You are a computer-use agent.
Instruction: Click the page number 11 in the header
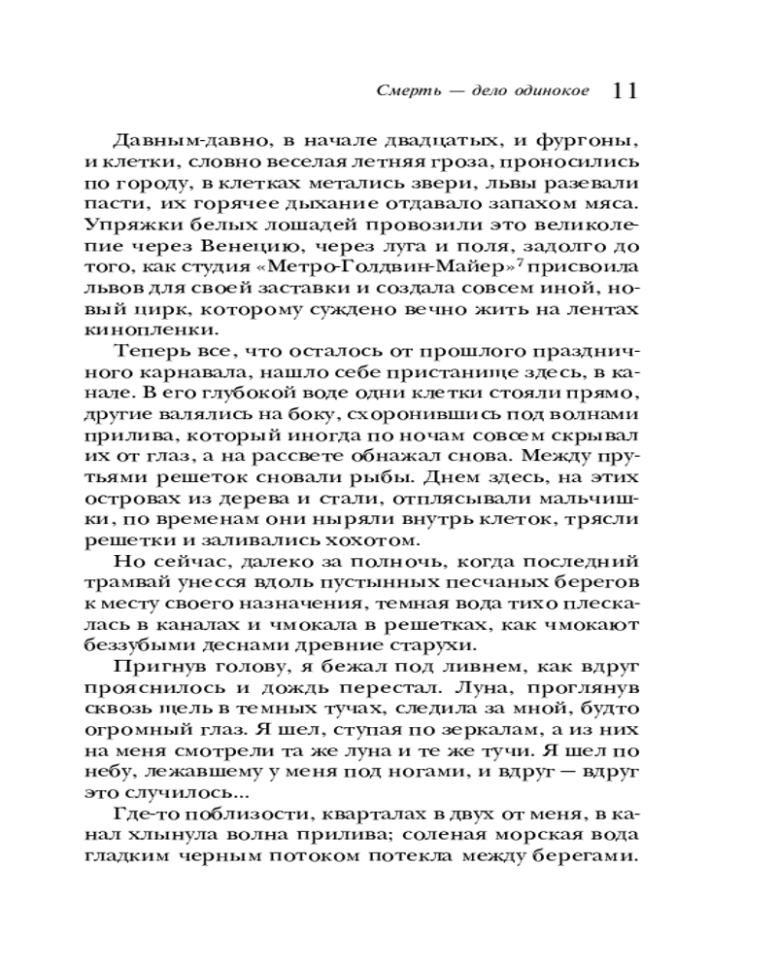(x=625, y=90)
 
